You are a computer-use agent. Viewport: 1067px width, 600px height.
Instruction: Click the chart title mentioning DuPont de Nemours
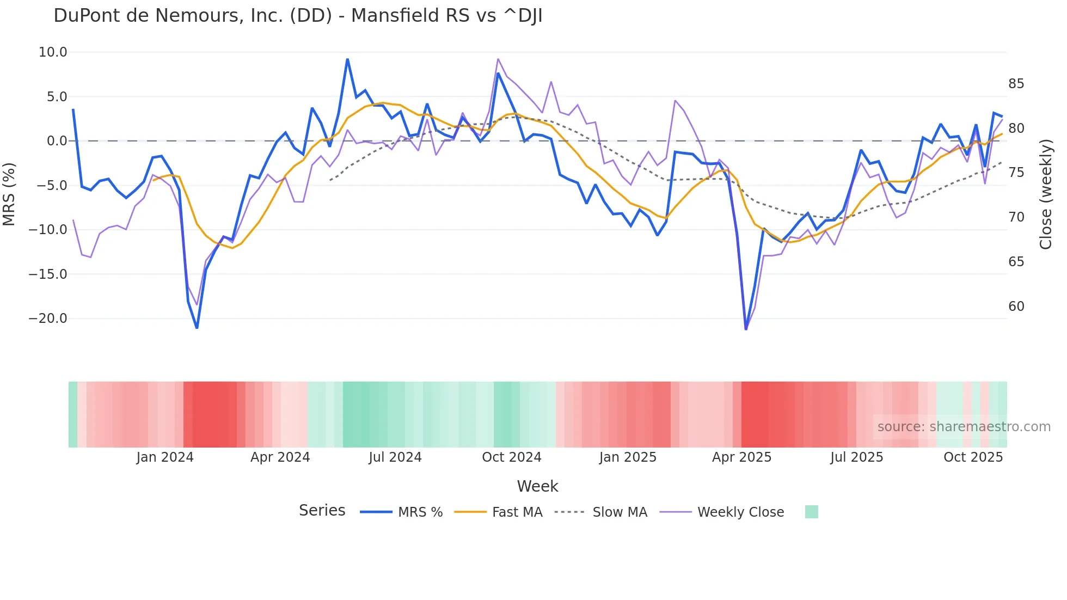click(x=298, y=16)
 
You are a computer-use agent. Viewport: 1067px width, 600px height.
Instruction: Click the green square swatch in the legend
click(x=811, y=512)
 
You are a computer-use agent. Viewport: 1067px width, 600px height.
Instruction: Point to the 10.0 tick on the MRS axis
click(x=53, y=52)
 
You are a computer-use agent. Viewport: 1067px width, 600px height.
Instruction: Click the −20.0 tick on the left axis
click(x=48, y=319)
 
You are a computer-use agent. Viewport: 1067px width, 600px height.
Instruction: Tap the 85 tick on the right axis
click(x=1016, y=84)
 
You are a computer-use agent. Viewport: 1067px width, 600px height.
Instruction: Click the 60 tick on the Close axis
click(x=1016, y=307)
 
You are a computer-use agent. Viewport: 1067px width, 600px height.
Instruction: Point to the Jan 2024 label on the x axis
click(x=165, y=457)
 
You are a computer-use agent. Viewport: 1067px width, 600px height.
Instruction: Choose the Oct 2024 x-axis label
click(x=512, y=457)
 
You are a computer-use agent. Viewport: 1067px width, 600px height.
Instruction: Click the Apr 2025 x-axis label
click(x=741, y=457)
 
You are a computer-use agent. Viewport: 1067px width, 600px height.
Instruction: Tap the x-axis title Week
click(x=537, y=486)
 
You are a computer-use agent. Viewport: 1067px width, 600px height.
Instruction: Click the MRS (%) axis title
click(x=9, y=194)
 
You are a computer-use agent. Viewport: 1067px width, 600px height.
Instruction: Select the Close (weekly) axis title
click(x=1045, y=194)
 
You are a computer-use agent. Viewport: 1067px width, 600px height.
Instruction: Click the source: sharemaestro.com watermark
click(x=964, y=427)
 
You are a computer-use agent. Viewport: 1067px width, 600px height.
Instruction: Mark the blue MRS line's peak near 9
click(x=347, y=59)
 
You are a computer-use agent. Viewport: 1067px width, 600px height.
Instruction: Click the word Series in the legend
click(x=322, y=511)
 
